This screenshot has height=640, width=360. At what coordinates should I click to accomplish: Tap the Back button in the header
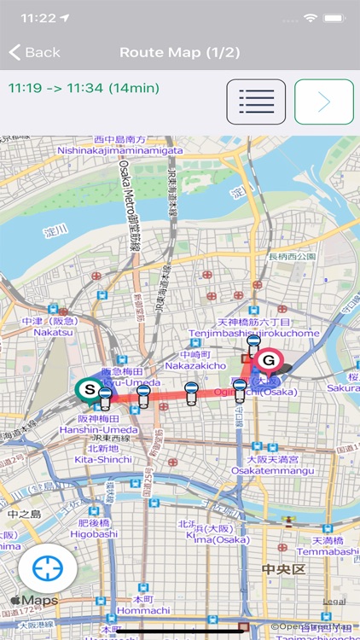pyautogui.click(x=35, y=53)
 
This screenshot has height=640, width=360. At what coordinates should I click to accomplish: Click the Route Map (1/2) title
pyautogui.click(x=179, y=53)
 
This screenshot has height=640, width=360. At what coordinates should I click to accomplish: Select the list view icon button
pyautogui.click(x=256, y=102)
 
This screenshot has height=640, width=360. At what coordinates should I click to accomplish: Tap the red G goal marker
pyautogui.click(x=269, y=361)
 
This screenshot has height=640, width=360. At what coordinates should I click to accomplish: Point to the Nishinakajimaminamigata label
pyautogui.click(x=119, y=150)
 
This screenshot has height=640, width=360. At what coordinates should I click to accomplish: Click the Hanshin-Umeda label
pyautogui.click(x=107, y=430)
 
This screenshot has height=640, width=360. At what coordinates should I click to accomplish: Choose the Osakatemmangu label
pyautogui.click(x=276, y=459)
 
